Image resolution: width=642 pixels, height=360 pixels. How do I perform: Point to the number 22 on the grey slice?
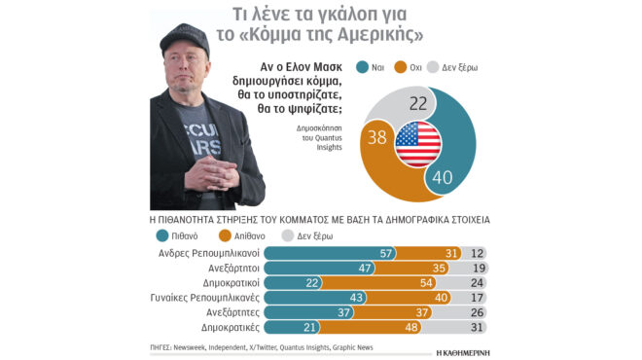419,101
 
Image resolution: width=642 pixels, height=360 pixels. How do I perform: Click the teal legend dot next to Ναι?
363,67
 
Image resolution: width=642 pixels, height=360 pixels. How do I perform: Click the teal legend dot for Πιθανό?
161,235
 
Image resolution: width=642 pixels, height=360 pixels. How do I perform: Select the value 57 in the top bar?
386,253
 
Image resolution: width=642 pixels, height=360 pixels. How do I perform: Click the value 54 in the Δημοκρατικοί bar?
425,282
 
